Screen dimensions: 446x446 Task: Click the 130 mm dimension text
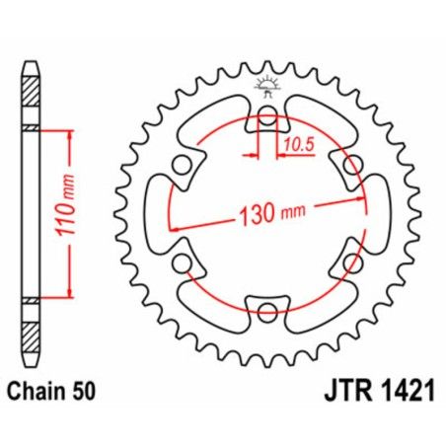tap(268, 212)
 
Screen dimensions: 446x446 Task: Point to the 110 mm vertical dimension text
tap(87, 213)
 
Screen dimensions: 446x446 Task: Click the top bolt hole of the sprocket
tap(267, 118)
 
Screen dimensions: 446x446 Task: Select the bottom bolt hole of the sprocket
tap(267, 314)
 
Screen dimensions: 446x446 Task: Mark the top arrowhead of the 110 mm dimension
tap(70, 133)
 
